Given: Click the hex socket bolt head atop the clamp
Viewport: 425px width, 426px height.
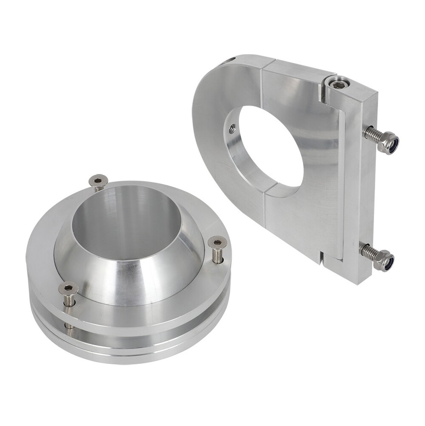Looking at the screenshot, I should [339, 84].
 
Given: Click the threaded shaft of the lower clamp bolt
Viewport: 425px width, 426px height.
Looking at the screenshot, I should [368, 252].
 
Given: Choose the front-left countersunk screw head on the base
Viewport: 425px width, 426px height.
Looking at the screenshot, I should [68, 288].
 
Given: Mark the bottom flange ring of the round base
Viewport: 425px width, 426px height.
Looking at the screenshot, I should [133, 351].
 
